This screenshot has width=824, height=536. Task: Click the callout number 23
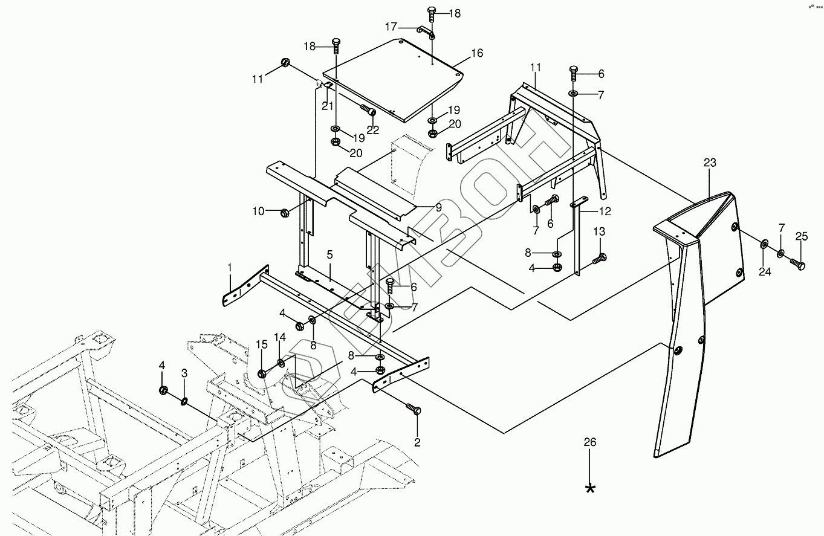click(710, 162)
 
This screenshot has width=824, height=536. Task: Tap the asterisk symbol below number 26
click(590, 488)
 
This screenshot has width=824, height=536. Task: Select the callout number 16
click(477, 53)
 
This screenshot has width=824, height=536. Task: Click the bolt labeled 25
click(800, 264)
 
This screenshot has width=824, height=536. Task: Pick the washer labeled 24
click(764, 244)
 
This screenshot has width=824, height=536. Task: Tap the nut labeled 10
click(285, 212)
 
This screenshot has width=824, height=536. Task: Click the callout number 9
click(438, 207)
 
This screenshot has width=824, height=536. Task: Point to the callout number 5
click(329, 254)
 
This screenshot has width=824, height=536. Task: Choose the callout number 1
click(230, 266)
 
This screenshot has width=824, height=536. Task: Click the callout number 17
click(392, 27)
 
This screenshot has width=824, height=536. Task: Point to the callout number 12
click(605, 211)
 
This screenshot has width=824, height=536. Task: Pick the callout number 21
click(327, 105)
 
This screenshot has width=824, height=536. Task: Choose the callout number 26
click(589, 442)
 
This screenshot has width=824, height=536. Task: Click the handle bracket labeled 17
click(425, 31)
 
